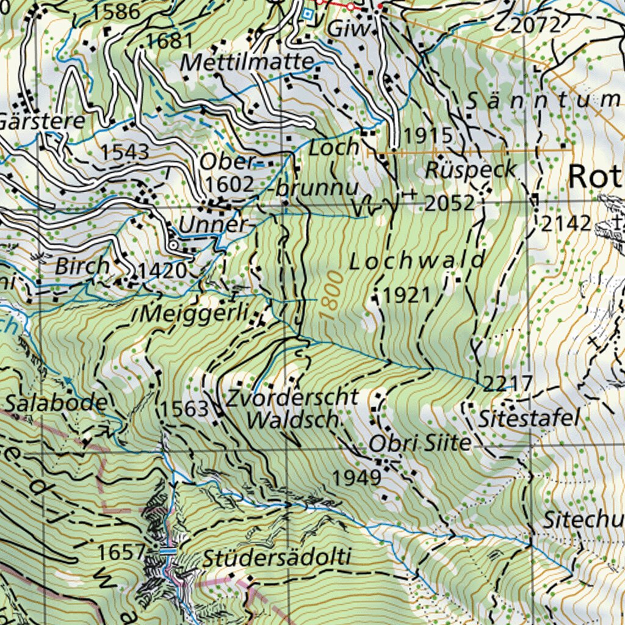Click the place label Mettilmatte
point(247,62)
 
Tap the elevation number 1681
point(169,41)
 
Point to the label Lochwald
point(417,261)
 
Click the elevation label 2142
point(566,223)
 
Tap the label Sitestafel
point(529,419)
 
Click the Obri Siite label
point(421,443)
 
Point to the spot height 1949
point(356,477)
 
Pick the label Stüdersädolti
point(277,558)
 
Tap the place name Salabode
point(56,403)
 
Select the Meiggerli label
point(194,314)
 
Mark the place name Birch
point(82,267)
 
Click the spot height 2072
point(535,25)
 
